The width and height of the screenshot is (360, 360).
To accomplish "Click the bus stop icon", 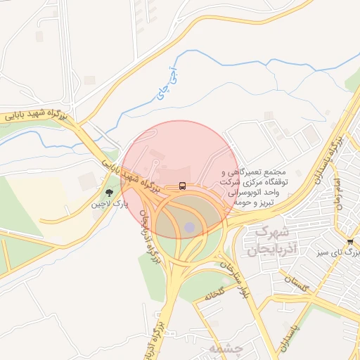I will click(183, 186).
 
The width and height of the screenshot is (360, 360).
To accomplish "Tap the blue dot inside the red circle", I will click(189, 226).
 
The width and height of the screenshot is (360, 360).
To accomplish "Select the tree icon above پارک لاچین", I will click(108, 192).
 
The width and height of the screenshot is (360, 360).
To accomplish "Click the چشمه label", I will click(225, 348).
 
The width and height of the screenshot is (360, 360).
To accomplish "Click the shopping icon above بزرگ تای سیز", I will click(350, 241).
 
